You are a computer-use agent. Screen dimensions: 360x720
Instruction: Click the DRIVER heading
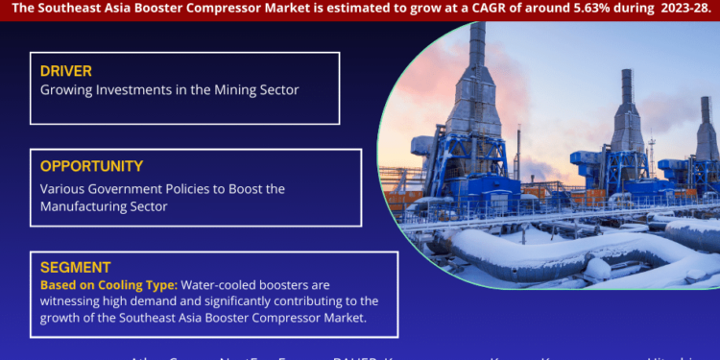pos(66,70)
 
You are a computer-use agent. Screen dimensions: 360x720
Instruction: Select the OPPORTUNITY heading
pos(92,166)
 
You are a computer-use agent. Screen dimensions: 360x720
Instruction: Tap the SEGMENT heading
pos(76,268)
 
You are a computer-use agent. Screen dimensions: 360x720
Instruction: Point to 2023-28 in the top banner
pos(682,8)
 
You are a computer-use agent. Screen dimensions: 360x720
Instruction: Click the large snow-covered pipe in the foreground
pos(538,252)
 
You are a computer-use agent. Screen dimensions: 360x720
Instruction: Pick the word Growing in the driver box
pos(66,89)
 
